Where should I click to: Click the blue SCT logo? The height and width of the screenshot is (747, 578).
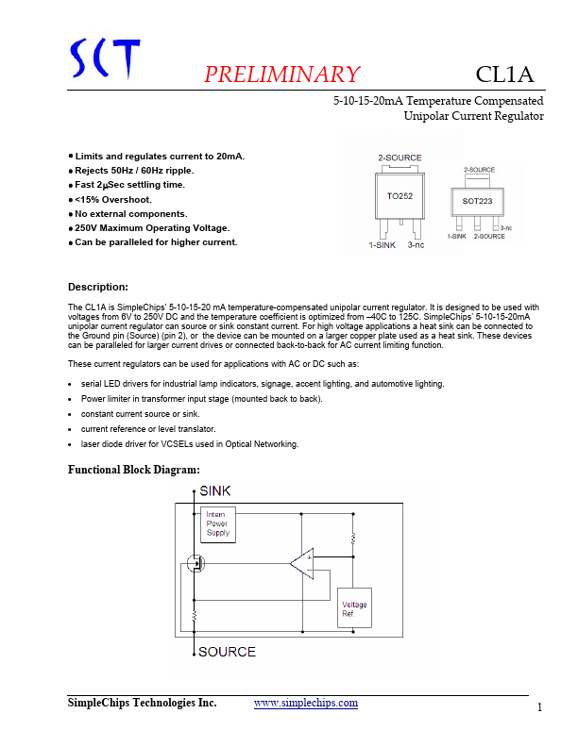[x=106, y=59]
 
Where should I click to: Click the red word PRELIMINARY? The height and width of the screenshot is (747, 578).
[x=282, y=75]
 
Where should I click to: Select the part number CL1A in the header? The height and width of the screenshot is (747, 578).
[x=505, y=75]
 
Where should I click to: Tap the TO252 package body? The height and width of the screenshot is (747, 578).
[x=399, y=195]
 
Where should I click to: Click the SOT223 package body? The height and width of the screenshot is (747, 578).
[x=478, y=201]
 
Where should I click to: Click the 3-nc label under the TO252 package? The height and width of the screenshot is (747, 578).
[x=416, y=245]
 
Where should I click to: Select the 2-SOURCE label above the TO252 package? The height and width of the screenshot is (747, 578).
[x=399, y=158]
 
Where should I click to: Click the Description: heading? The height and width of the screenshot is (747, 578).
[x=98, y=287]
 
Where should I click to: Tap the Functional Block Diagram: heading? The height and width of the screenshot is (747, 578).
[x=133, y=470]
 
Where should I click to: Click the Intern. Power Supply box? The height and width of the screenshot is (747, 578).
[x=218, y=524]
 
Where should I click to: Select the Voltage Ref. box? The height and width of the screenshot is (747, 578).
[x=354, y=609]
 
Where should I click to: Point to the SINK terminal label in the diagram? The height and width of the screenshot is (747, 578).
[x=214, y=491]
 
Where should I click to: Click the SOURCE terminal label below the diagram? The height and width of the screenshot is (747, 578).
[x=227, y=652]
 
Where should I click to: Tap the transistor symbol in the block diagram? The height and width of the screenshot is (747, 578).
[x=196, y=565]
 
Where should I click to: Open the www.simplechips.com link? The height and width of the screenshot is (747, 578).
[x=306, y=703]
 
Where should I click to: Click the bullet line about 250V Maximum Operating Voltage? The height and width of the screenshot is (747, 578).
[x=151, y=228]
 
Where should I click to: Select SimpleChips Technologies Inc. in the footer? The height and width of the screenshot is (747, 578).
[x=142, y=703]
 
